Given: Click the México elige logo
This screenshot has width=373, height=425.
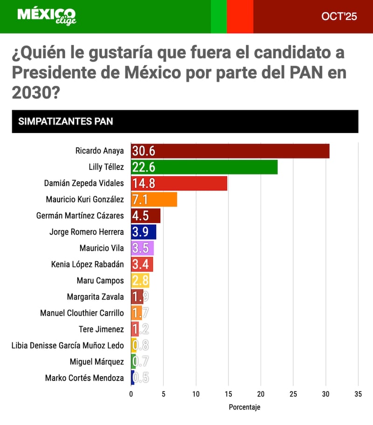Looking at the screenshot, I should coord(46,16).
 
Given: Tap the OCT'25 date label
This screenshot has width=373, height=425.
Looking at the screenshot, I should coord(339,17).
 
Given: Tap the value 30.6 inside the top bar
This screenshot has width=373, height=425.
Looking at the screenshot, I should coord(144,151).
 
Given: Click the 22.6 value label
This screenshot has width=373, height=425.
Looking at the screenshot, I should coord(144,167).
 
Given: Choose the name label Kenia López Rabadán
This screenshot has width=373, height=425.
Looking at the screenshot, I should coord(87,265).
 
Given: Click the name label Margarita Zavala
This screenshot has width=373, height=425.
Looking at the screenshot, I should coord(95,297).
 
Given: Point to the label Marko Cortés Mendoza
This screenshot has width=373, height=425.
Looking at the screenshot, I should coord(84,378).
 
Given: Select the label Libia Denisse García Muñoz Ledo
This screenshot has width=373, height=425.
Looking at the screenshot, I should coord(68,346).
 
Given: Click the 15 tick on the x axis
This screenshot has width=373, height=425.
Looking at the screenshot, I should coord(228,394).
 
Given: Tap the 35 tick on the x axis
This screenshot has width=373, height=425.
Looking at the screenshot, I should coord(358,394).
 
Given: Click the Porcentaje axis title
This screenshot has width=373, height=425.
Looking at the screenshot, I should coord(244,407).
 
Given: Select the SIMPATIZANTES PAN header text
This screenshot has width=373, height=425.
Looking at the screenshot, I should coord(65,122).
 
